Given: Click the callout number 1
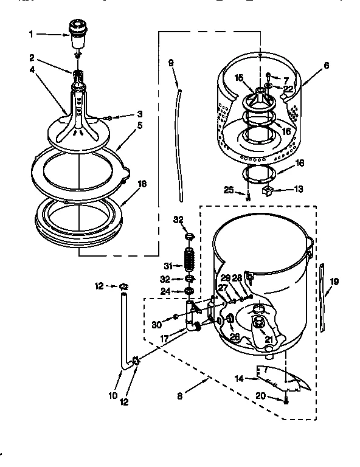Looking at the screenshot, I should point(31,34).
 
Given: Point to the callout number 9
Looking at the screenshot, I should point(170,62).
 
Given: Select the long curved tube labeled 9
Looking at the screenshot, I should point(181,146).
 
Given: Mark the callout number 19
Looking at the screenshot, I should point(334,282).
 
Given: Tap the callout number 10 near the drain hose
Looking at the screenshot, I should point(112,395).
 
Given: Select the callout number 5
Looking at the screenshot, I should point(139,126).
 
